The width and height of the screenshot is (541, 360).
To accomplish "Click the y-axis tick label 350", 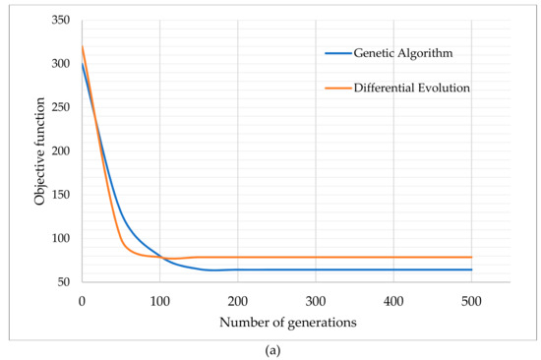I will point(61,21).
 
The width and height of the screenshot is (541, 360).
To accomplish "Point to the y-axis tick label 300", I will point(61,64).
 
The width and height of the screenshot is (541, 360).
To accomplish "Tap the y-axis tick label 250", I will point(61,108).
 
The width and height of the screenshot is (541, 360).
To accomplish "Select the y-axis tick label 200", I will point(61,151).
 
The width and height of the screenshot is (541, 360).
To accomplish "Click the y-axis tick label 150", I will point(61,195).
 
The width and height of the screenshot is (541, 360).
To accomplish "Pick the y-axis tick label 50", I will point(65,282).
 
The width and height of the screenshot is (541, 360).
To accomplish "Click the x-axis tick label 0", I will point(82,298).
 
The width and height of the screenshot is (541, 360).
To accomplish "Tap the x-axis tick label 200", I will point(237,298).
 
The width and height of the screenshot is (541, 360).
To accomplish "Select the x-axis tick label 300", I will point(315,298).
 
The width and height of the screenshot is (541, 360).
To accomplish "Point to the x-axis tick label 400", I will point(393,298).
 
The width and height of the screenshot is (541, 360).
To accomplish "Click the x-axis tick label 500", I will point(471,298).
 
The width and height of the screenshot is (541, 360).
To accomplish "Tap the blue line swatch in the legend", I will point(338,53).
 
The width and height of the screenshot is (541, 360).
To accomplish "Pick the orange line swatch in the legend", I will point(338,89).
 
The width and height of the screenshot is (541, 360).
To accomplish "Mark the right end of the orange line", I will point(471,258).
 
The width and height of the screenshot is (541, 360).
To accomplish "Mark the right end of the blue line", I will point(471,270).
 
